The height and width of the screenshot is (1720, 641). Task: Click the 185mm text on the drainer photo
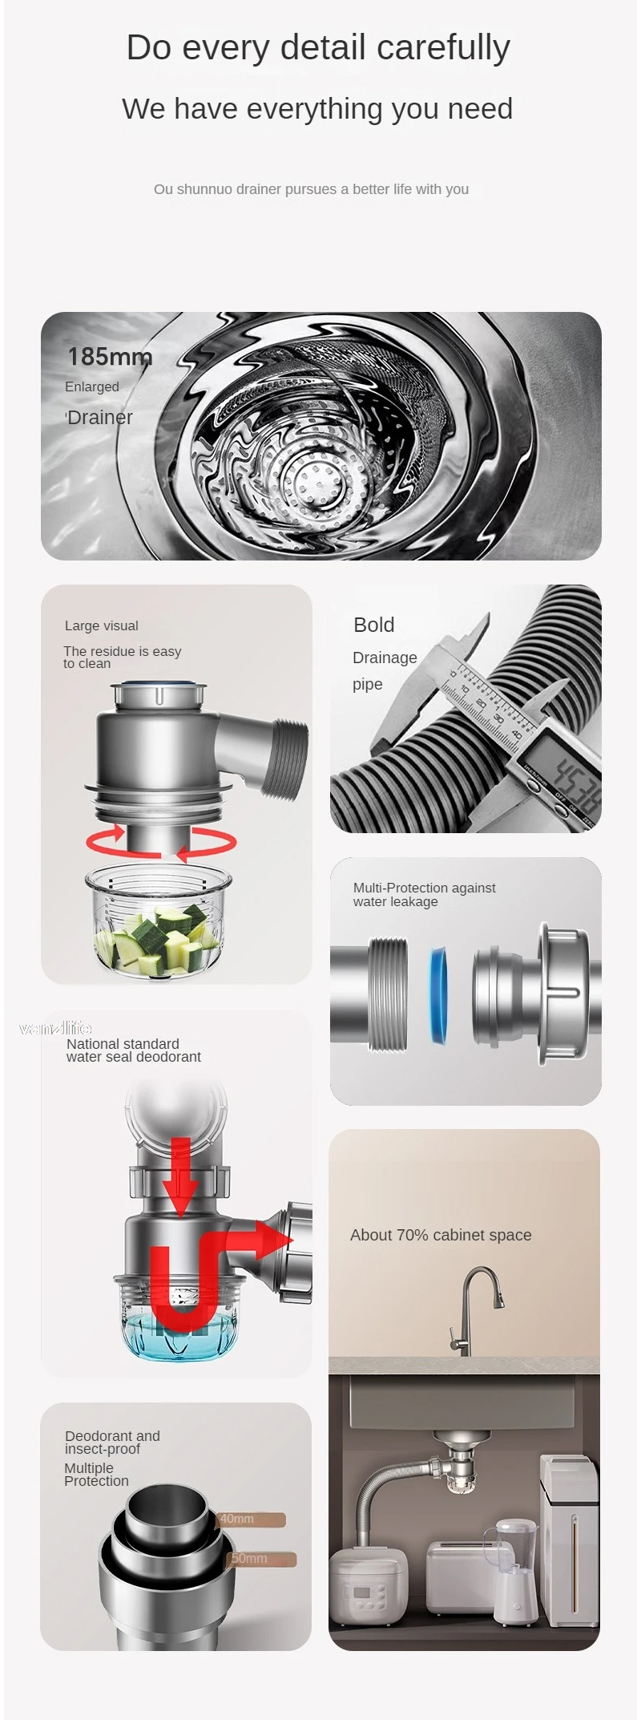[110, 356]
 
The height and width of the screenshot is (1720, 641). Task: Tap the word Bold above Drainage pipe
[373, 625]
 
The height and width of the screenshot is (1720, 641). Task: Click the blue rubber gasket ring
[438, 995]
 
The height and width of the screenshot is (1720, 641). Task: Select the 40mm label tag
[251, 1519]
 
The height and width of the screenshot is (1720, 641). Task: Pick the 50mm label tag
[263, 1558]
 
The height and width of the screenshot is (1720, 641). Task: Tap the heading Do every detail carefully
[318, 47]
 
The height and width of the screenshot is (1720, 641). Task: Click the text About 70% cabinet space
[441, 1235]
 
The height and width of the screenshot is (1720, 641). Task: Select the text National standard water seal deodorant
[134, 1050]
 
